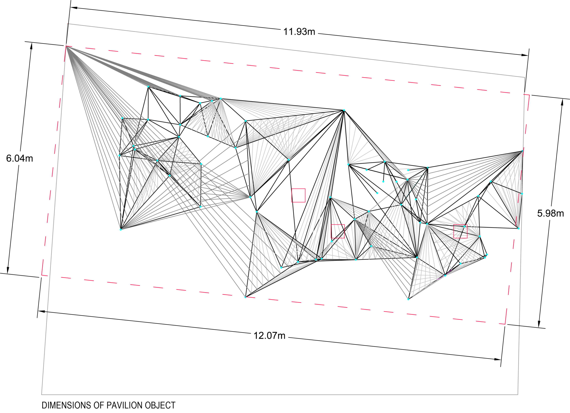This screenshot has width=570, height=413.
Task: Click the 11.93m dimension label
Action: pos(299,32)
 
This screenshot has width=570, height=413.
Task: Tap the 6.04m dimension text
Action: pos(20,159)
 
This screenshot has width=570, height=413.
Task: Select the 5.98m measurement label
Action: pos(550,213)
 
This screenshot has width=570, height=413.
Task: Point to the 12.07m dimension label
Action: pos(269,336)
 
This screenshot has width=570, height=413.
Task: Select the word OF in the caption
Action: pos(99,405)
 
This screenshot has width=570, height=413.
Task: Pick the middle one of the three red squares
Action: pos(337,231)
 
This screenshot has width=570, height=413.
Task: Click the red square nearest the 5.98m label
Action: pos(460,231)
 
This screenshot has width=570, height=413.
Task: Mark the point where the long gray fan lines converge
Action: pos(66,47)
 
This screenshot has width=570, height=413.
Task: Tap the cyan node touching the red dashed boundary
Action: pos(245,297)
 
